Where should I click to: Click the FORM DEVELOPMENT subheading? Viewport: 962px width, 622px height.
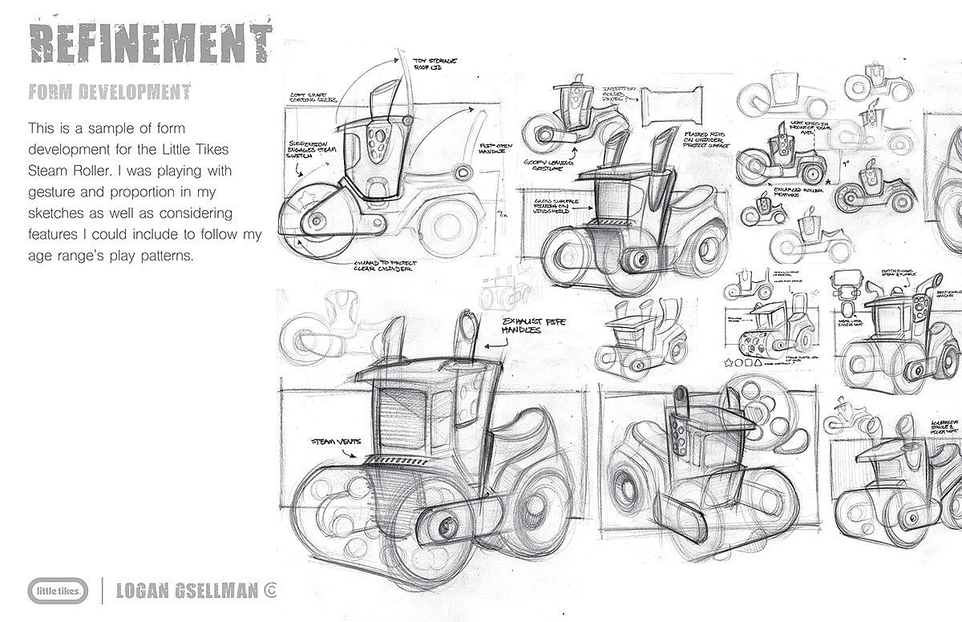[x=109, y=91]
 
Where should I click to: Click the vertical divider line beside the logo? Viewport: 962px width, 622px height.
[x=102, y=591]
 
